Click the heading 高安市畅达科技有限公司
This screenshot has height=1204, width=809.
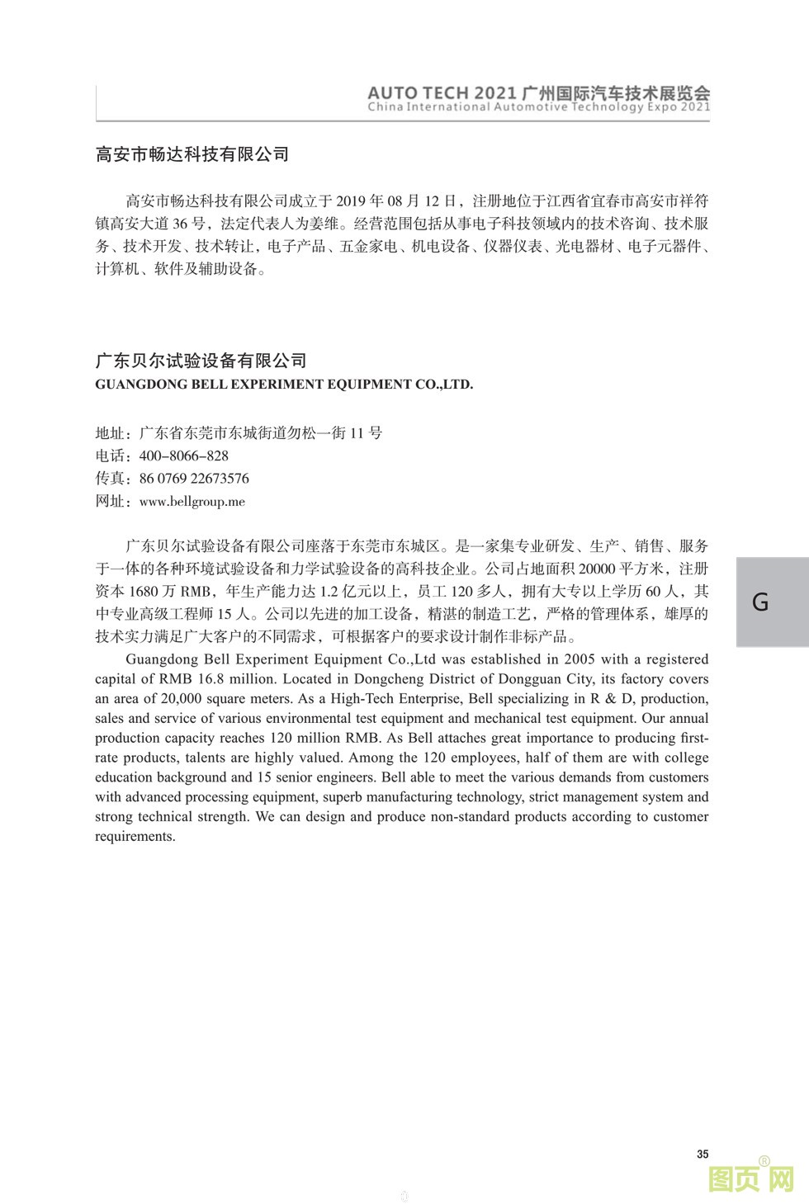click(x=192, y=154)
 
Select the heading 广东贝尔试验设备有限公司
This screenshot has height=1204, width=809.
click(x=201, y=361)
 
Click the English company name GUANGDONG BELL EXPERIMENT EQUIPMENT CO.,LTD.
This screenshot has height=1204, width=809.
click(x=284, y=384)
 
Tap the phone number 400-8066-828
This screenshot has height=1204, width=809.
click(x=183, y=456)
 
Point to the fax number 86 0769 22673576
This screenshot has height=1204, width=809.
click(x=194, y=479)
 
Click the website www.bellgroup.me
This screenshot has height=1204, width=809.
click(x=192, y=501)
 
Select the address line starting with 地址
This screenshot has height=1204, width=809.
click(x=239, y=433)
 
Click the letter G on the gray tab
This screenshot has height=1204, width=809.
click(x=760, y=602)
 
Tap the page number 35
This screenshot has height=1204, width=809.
click(x=703, y=1154)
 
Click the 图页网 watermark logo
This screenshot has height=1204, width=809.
click(x=751, y=1179)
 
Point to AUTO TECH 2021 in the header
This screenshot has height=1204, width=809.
click(x=442, y=93)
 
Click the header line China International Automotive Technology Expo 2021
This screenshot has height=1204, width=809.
click(x=538, y=107)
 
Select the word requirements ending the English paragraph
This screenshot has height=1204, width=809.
click(x=134, y=837)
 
